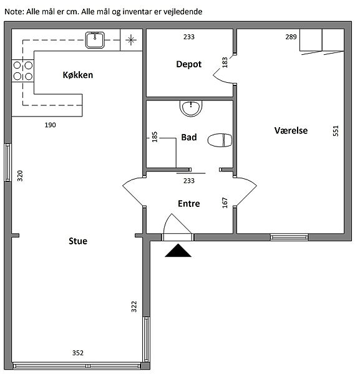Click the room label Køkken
(78, 75)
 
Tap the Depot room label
(189, 64)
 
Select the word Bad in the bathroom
(189, 137)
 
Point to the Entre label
(189, 204)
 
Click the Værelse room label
(291, 131)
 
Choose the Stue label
(78, 241)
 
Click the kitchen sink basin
(95, 40)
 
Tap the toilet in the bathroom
(220, 140)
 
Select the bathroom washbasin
(191, 108)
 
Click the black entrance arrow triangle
(178, 251)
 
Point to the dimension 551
(336, 131)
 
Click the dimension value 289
(291, 37)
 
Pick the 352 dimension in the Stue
(78, 353)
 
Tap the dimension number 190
(50, 125)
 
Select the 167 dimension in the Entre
(225, 203)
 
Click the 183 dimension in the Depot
(225, 62)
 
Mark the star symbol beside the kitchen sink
(131, 40)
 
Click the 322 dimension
(134, 307)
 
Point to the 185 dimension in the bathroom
(155, 137)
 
